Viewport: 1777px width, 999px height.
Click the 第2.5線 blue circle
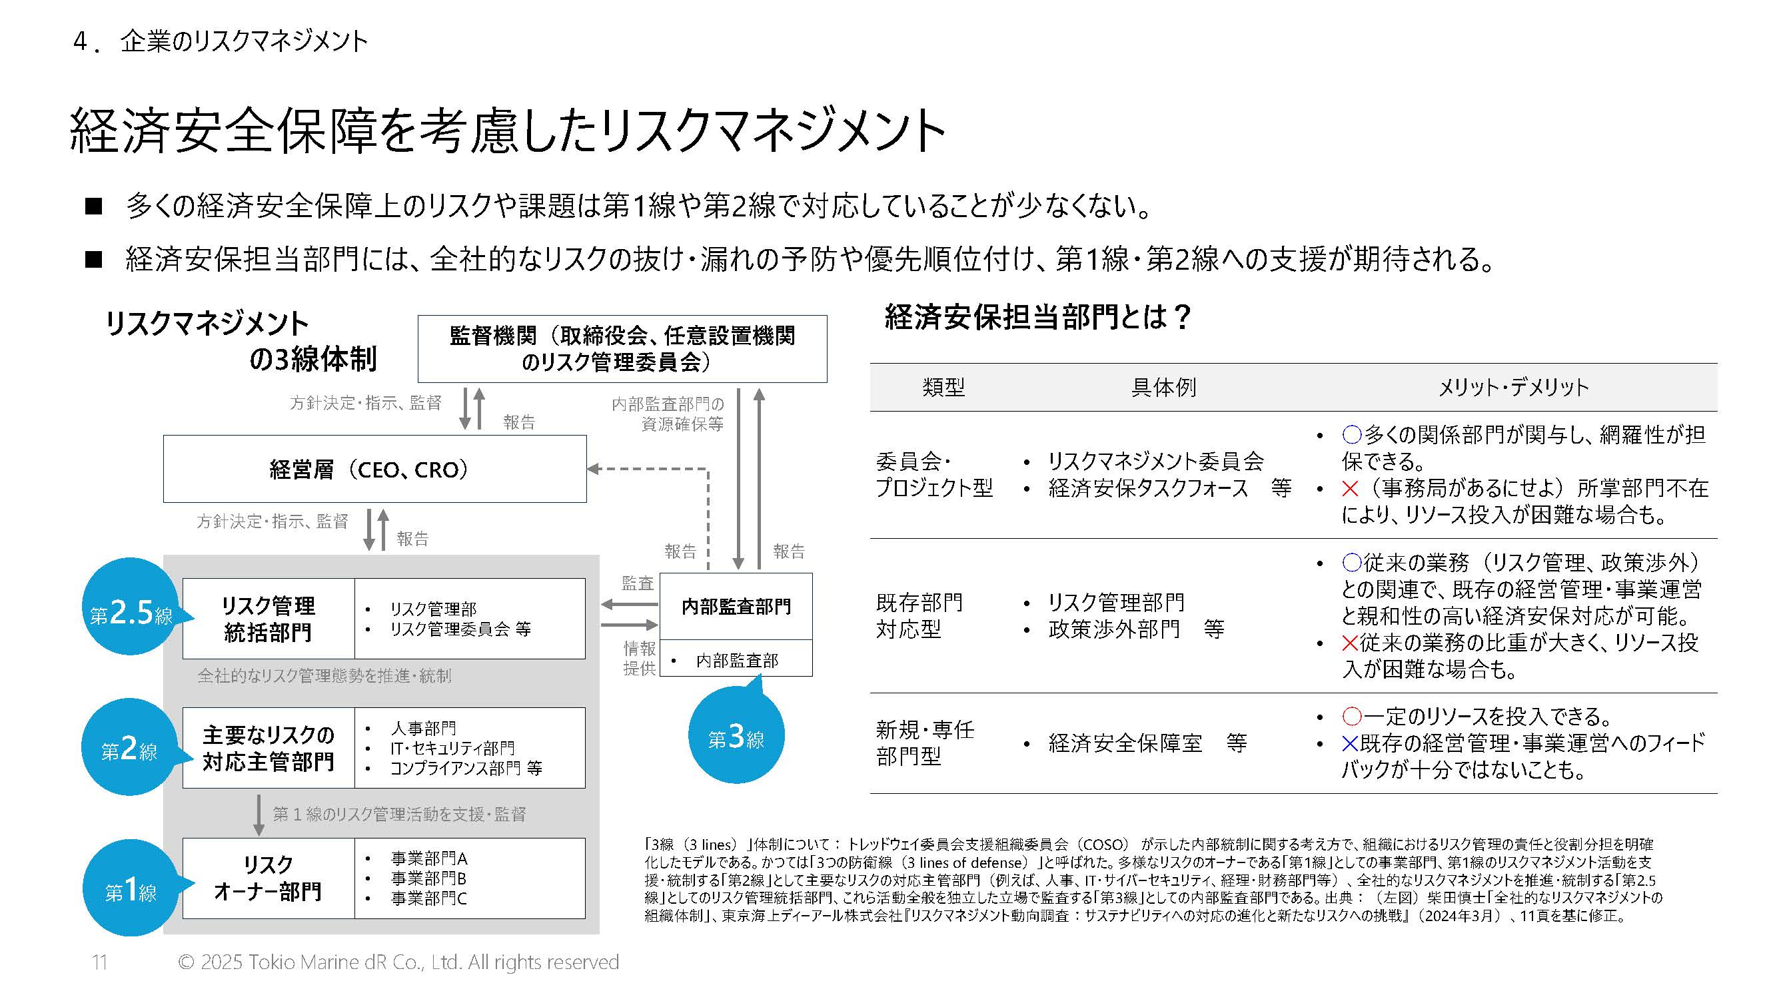point(130,607)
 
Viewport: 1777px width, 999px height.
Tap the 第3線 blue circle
point(736,737)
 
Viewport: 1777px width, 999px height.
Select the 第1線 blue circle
point(130,888)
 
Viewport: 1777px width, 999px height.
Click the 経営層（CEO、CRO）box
point(374,469)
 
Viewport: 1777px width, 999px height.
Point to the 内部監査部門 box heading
point(736,606)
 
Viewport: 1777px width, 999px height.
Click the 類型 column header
point(943,388)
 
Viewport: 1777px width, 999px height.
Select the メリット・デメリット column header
point(1512,388)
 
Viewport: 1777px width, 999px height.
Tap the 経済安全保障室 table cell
point(1125,743)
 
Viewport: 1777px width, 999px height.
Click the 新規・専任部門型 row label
point(924,743)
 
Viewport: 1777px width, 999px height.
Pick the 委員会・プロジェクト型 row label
point(933,474)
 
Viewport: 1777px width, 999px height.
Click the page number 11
point(99,962)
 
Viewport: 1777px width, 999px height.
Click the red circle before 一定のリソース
point(1351,717)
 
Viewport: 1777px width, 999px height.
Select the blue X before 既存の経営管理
point(1349,743)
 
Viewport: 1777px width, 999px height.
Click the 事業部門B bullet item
point(428,878)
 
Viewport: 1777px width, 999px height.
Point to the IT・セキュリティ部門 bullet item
point(452,748)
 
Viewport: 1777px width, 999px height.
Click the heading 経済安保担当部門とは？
point(1037,317)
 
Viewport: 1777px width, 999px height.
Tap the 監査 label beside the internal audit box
point(637,583)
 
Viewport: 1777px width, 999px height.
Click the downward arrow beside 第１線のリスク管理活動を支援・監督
point(259,815)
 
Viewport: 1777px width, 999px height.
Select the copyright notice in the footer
point(398,962)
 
